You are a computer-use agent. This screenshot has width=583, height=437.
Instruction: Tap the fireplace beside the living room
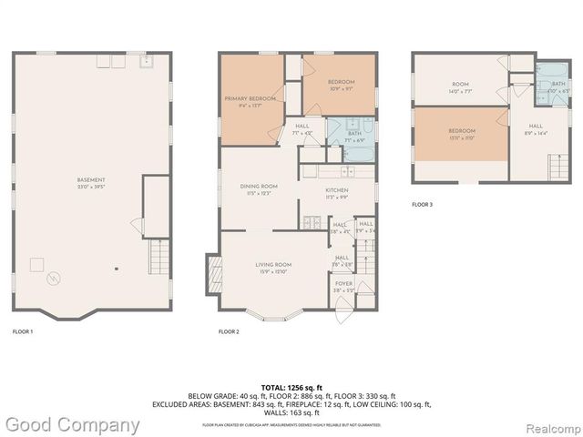tap(214, 271)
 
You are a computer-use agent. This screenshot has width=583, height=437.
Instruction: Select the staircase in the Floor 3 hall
tap(553, 168)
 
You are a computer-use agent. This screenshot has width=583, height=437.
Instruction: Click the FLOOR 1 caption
tap(23, 331)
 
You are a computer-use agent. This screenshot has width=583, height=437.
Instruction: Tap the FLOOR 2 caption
tap(229, 331)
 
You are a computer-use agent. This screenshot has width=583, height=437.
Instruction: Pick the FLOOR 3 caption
tap(422, 205)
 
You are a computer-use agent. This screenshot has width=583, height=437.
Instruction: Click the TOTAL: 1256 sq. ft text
tap(291, 386)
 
